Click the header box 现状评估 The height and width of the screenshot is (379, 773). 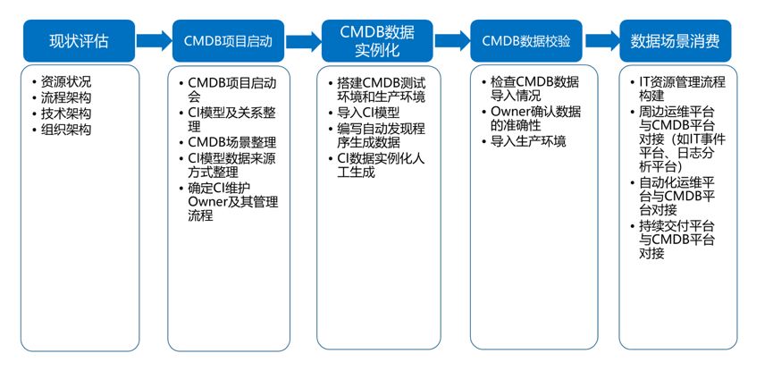[80, 41]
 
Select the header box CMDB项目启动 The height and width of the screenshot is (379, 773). [227, 41]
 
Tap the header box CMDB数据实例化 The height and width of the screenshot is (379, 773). [376, 41]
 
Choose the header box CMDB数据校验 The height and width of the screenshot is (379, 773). [525, 41]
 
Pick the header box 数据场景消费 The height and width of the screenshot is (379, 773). [676, 41]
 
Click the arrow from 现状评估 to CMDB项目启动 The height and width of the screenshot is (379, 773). [153, 40]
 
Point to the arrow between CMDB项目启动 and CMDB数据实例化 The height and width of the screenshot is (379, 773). [302, 40]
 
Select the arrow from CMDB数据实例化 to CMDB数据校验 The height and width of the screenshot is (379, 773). [451, 40]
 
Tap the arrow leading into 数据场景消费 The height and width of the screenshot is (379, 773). [601, 40]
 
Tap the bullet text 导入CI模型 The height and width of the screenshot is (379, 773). [369, 114]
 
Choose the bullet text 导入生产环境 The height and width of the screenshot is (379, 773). [528, 142]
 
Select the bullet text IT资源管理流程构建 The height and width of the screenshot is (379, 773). [681, 89]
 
